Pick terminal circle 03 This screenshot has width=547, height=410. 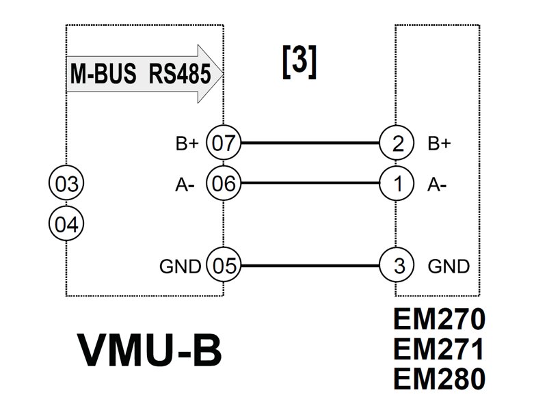[x=66, y=184]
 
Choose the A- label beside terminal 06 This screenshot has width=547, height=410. [x=187, y=184]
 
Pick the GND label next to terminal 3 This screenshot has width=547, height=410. [x=449, y=266]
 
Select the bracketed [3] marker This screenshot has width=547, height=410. [x=299, y=62]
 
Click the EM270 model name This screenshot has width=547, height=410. [x=438, y=320]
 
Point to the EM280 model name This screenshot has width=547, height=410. [x=438, y=378]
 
